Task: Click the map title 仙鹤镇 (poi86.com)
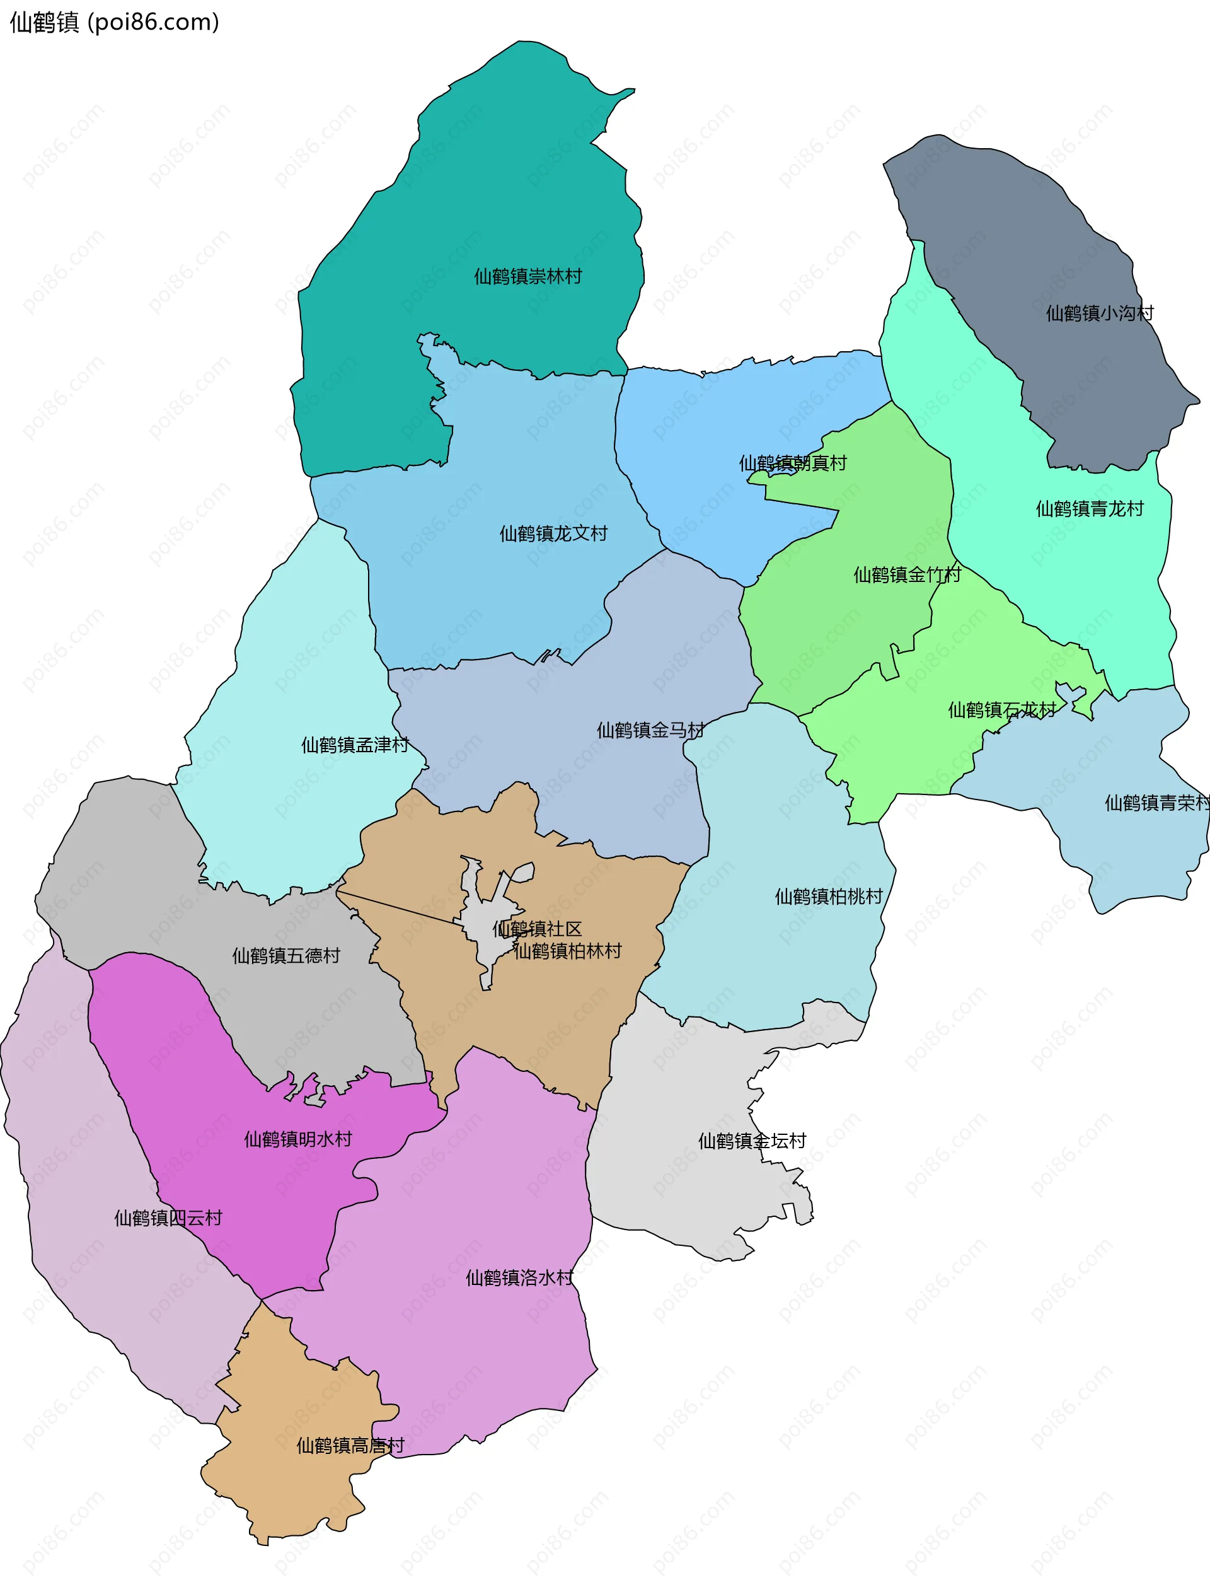(114, 22)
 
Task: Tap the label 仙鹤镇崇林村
(527, 277)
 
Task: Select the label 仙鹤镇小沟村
(1099, 313)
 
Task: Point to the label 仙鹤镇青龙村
(1089, 509)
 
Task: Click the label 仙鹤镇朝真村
(792, 463)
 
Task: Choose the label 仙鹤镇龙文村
(553, 534)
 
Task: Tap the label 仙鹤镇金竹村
(907, 575)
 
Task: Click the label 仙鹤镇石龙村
(1001, 711)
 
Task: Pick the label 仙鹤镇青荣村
(1155, 803)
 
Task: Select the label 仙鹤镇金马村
(650, 731)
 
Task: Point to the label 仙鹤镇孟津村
(354, 745)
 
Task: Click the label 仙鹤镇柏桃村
(828, 897)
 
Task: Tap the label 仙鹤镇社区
(536, 929)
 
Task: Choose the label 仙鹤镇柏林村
(568, 951)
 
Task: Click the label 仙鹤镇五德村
(286, 956)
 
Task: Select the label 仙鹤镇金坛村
(752, 1141)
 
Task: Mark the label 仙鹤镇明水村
(297, 1139)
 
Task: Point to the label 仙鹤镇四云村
(168, 1218)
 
